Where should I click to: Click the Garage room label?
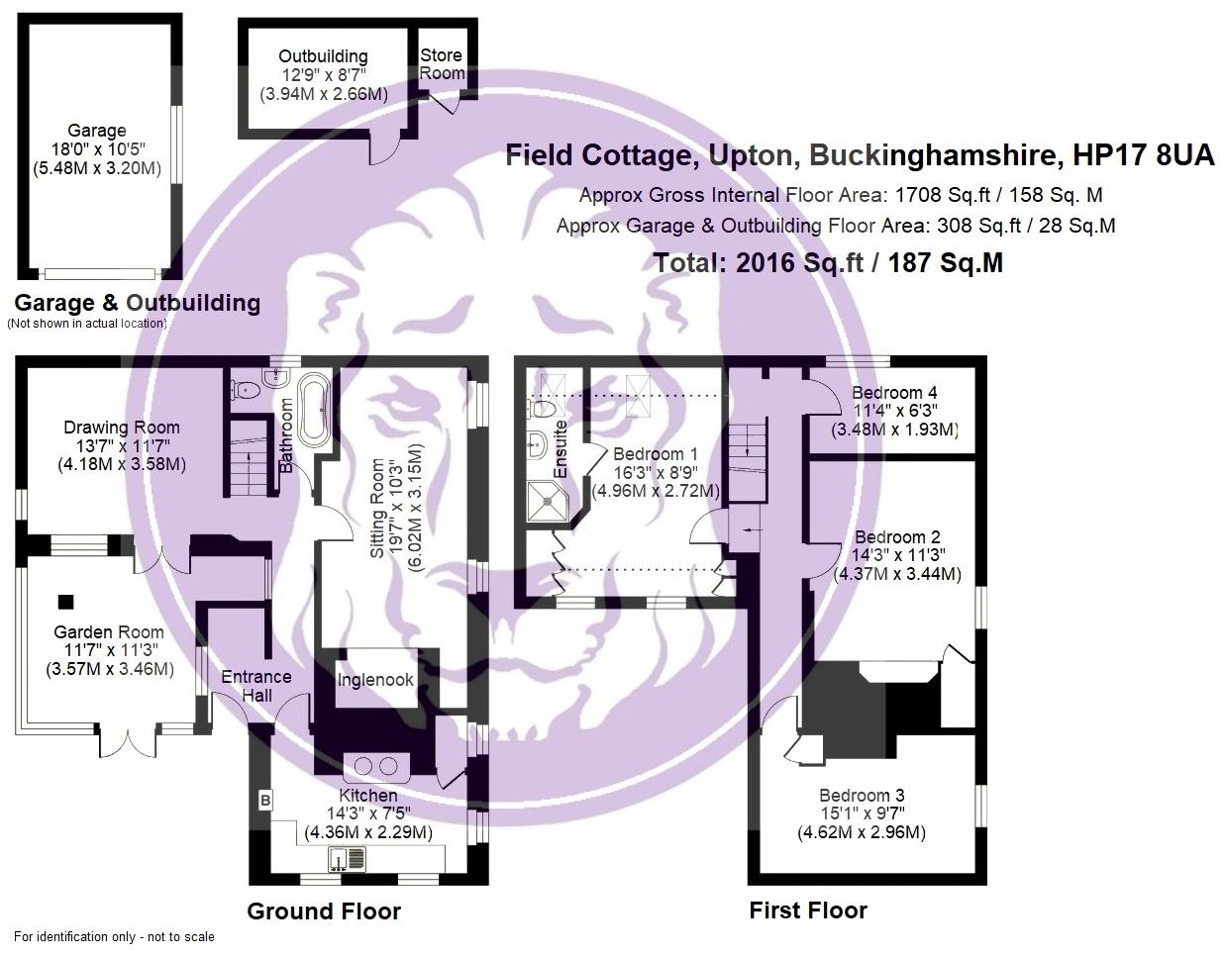point(96,131)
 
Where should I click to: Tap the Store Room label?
point(442,64)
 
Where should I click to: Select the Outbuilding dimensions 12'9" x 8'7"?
point(323,75)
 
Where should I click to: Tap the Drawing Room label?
point(122,428)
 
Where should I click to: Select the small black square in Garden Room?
point(65,601)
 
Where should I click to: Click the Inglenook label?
point(375,680)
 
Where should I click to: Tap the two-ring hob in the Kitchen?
point(375,766)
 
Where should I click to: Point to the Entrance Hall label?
point(255,686)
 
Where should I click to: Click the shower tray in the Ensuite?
point(547,502)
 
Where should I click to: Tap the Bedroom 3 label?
point(862,796)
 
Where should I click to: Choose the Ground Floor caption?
point(324,911)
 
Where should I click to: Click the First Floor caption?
point(808,911)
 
